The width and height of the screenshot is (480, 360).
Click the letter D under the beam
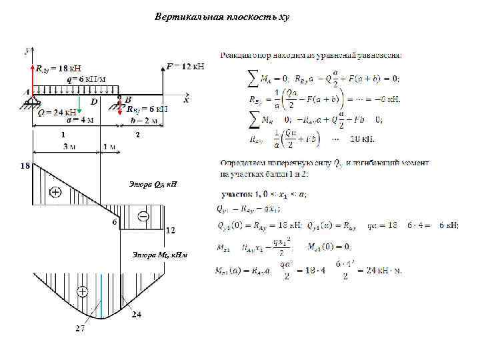[x=94, y=102]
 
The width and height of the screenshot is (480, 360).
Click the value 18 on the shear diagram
[x=25, y=165]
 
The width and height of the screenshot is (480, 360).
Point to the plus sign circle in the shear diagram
[x=55, y=193]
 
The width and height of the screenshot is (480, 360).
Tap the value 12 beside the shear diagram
[x=170, y=231]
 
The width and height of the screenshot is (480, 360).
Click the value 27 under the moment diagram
[x=79, y=328]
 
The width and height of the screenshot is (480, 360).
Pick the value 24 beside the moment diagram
[x=136, y=314]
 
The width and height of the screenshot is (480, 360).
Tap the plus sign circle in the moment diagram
[x=83, y=292]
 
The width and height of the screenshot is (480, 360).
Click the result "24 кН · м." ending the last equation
[x=377, y=271]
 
